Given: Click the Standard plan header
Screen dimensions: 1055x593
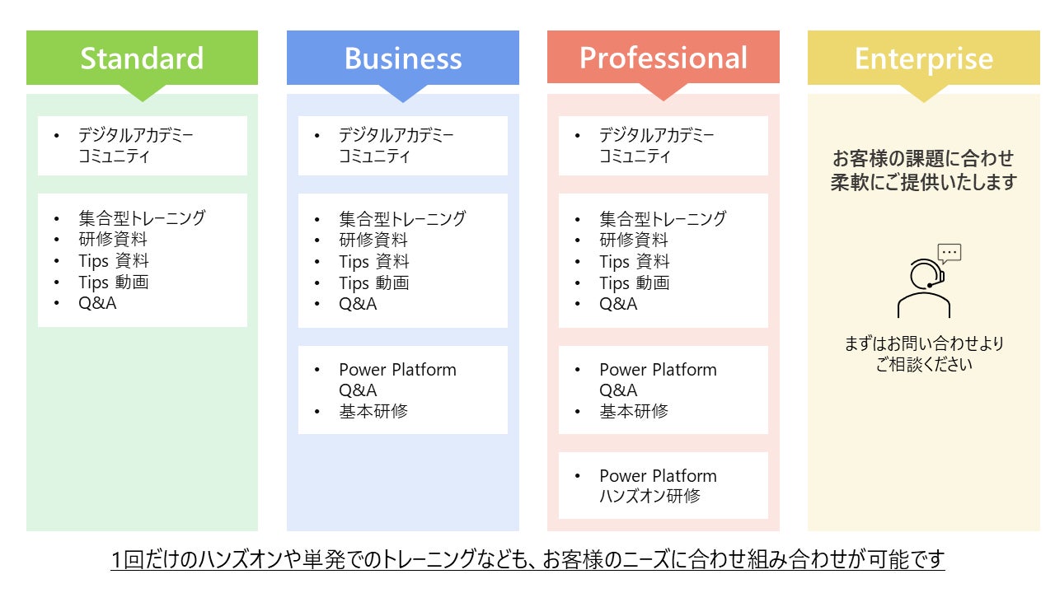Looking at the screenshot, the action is click(x=142, y=58).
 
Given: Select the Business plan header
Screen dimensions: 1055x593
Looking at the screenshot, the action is click(x=403, y=58).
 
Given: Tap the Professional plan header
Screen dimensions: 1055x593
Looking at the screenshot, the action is click(x=663, y=58).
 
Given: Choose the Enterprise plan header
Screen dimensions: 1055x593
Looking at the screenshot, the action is click(x=924, y=58).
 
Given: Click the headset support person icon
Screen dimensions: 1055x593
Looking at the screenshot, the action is click(x=923, y=288).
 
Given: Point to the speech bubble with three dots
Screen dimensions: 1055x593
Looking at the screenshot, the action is click(x=949, y=253).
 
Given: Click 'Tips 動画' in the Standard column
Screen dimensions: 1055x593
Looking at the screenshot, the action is click(x=114, y=282).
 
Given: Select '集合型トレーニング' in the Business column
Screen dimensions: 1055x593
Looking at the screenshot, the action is click(x=402, y=219).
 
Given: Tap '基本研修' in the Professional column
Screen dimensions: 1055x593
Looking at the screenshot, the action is click(x=634, y=411).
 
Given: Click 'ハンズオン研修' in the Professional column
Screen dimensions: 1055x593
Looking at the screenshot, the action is click(x=649, y=497).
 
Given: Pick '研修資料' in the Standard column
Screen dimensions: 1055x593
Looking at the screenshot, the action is click(x=113, y=240).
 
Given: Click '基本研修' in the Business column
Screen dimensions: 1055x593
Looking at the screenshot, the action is click(x=373, y=411).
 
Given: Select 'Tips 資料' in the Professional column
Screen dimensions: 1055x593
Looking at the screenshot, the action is click(x=635, y=262).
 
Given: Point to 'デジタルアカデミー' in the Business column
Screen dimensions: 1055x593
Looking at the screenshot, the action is click(x=396, y=135).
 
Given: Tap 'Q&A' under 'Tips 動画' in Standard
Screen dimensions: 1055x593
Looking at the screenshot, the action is click(x=97, y=304).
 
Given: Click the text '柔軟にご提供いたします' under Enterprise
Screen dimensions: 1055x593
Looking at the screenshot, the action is click(x=924, y=182).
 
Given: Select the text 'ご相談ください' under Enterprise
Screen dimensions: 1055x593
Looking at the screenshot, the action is click(x=924, y=364).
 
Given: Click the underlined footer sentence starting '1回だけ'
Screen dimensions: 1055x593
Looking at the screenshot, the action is click(x=527, y=560).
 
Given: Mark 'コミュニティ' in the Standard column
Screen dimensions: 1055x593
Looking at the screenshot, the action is click(x=114, y=156).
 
